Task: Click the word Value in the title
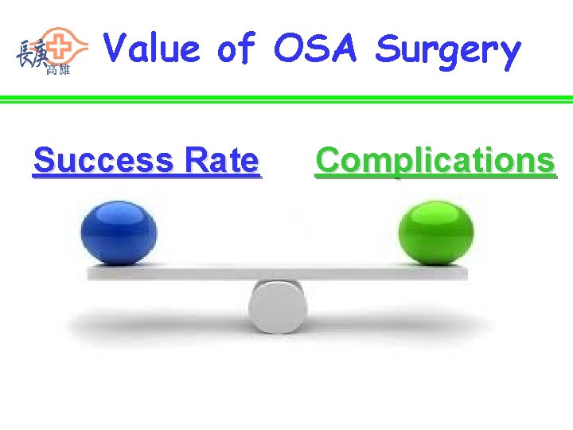152,49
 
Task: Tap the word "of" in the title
236,49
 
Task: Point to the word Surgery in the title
448,50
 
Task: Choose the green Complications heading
435,161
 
